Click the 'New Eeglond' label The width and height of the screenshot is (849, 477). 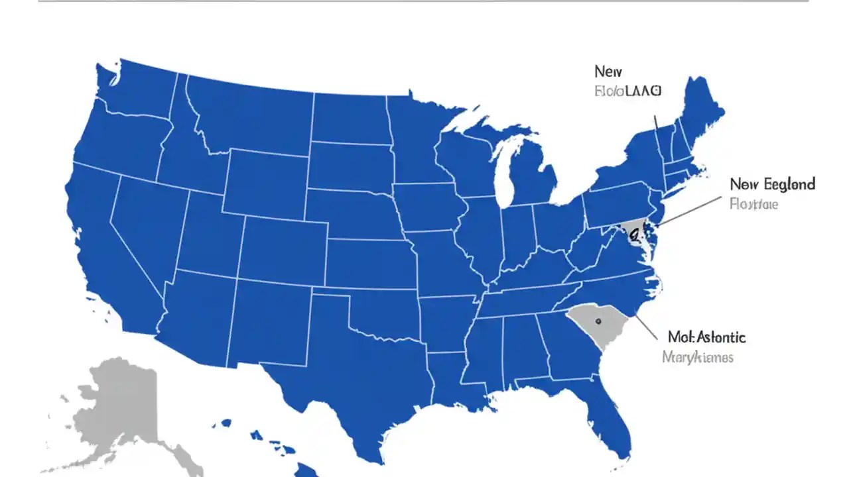772,184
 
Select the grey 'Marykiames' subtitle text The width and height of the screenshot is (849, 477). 698,357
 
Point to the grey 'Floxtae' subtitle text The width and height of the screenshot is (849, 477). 753,204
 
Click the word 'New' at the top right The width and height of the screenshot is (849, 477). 608,71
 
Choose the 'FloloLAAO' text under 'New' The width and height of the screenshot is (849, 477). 627,91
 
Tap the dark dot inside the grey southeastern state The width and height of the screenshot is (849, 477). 598,321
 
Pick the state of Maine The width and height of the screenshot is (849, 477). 700,113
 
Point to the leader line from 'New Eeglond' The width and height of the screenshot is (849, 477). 690,210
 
